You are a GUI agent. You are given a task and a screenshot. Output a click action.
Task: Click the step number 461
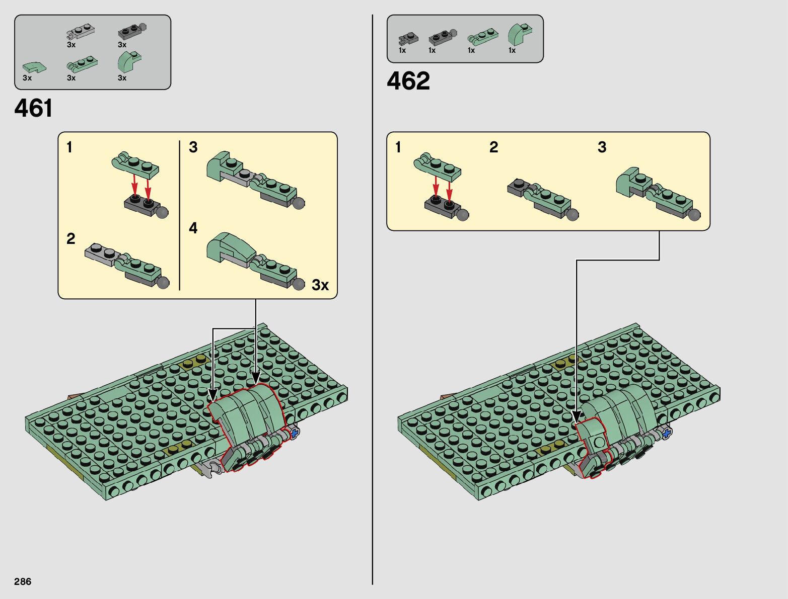tap(33, 108)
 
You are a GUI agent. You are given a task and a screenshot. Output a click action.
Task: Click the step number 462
tap(408, 80)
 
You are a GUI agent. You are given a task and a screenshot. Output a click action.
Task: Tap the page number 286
tap(23, 581)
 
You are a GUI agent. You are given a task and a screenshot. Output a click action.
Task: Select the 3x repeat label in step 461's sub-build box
tap(320, 285)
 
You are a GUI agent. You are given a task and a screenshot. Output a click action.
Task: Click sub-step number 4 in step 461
tap(193, 228)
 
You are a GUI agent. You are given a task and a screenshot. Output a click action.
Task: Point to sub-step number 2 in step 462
tap(493, 147)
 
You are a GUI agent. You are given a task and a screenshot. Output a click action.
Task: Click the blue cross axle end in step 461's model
tap(294, 434)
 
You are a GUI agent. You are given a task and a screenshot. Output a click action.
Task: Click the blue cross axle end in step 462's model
tap(666, 434)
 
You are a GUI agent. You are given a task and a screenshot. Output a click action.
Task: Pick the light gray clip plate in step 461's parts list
tap(81, 32)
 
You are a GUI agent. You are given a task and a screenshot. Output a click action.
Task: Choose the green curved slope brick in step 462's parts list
tap(520, 34)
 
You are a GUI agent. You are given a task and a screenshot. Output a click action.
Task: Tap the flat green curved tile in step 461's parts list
tap(34, 68)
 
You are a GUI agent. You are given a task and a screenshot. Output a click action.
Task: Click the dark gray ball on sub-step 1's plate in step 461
tap(163, 213)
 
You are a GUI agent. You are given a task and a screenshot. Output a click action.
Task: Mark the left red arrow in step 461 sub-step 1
tap(134, 184)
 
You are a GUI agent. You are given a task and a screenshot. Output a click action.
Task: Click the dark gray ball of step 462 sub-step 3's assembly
tap(695, 214)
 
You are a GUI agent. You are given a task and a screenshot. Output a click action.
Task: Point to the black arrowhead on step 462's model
tap(576, 417)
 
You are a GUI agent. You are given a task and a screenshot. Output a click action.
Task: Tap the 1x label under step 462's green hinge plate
tap(471, 50)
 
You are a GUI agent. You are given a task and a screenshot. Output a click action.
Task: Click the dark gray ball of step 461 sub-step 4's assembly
tap(299, 284)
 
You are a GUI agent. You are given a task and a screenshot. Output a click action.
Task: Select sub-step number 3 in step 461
tap(193, 147)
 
